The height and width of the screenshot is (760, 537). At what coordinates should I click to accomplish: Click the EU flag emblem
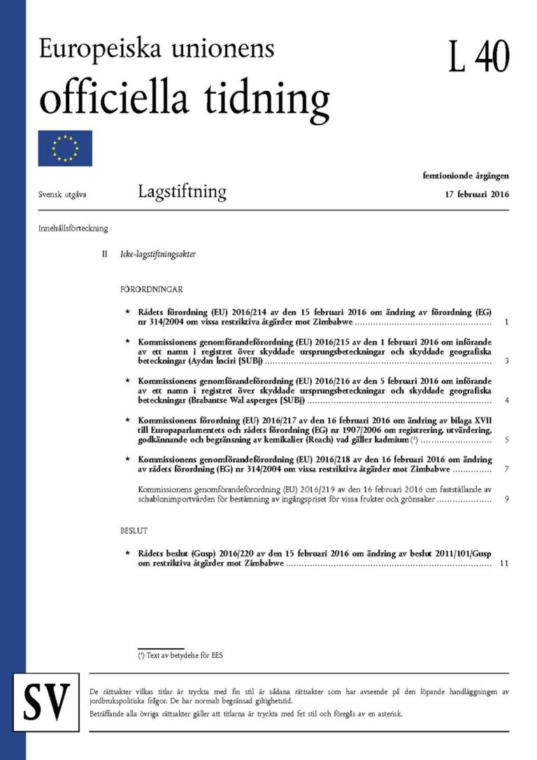click(65, 148)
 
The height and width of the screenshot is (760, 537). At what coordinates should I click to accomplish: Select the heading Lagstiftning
click(182, 192)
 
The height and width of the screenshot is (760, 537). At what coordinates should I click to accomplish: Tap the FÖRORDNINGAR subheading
click(152, 289)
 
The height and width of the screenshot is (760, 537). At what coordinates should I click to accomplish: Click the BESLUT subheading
click(134, 531)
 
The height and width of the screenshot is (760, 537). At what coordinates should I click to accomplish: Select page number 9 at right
click(506, 500)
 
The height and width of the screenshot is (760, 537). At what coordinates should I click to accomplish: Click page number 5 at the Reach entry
click(506, 440)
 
